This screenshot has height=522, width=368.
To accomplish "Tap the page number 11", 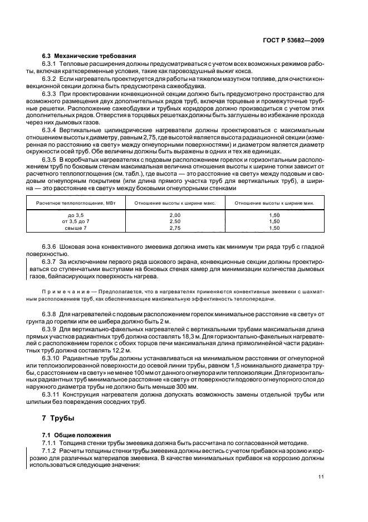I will [321, 476].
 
